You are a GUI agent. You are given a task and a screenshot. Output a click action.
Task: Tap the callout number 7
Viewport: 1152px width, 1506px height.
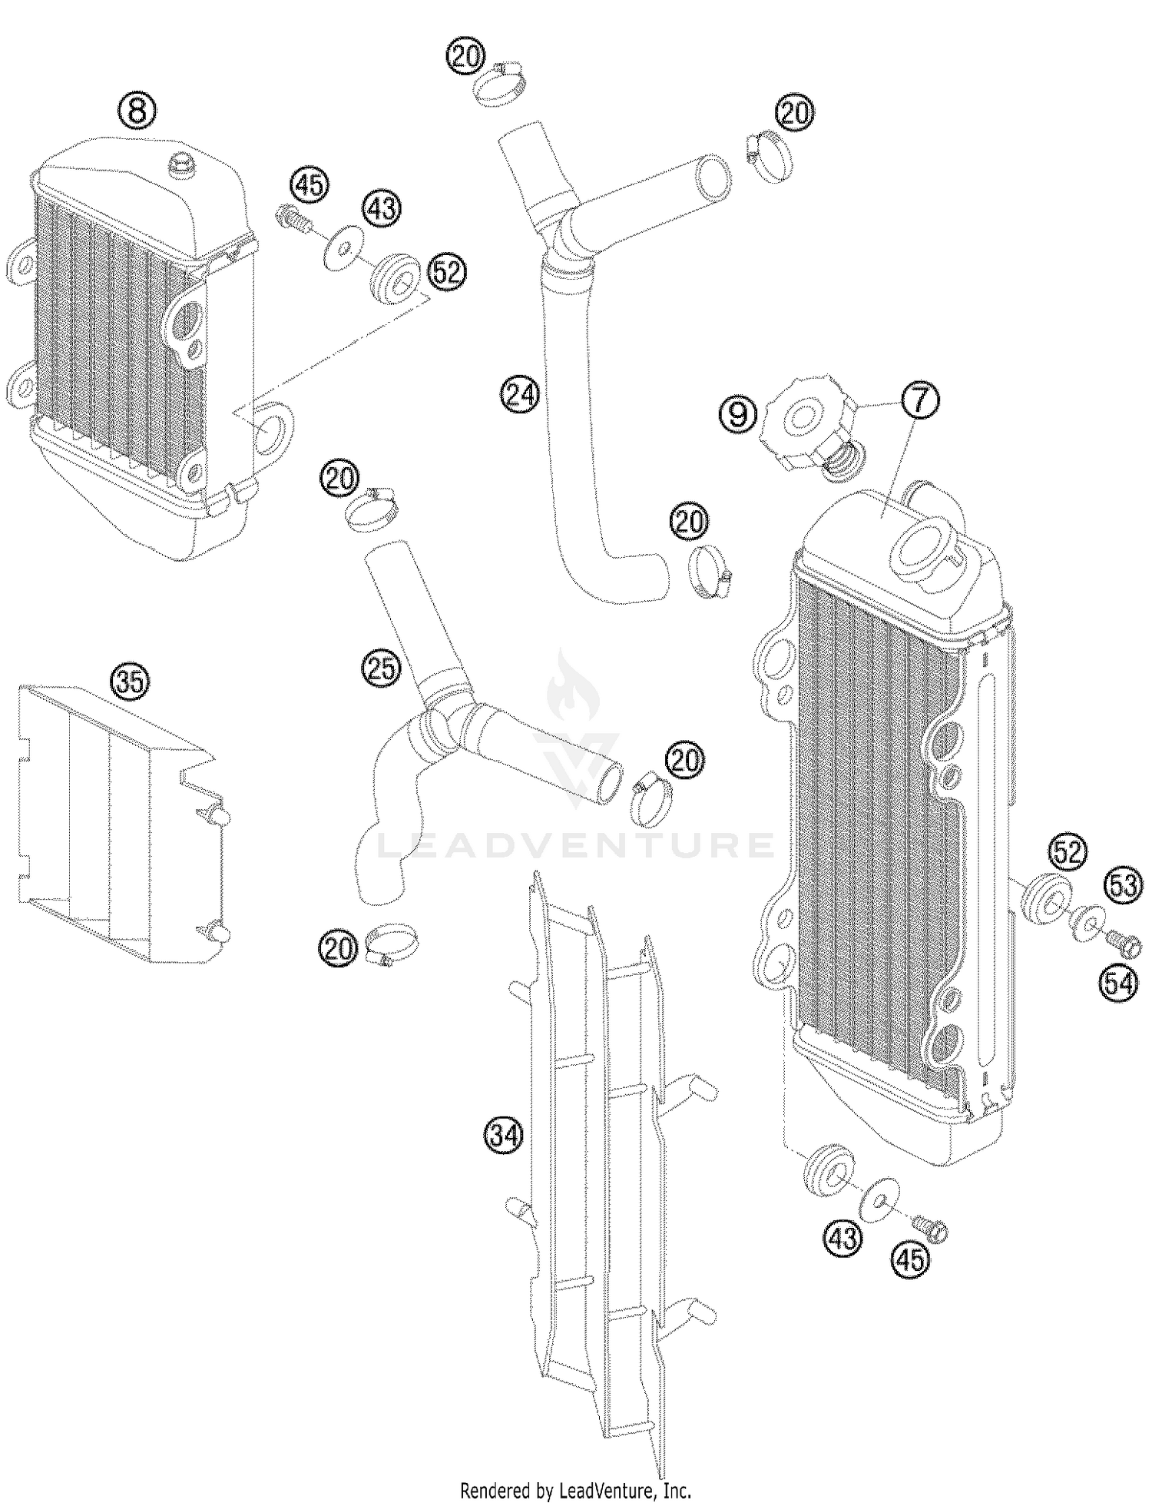(x=919, y=400)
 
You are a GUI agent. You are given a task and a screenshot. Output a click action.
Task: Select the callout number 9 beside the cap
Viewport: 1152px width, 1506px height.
(x=737, y=416)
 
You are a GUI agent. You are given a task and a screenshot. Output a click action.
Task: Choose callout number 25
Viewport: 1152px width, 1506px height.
(x=382, y=668)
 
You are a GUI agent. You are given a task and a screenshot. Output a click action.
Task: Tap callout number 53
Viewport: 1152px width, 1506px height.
(x=1124, y=886)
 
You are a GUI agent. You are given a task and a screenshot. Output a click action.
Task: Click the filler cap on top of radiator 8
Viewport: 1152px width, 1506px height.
(x=183, y=163)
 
